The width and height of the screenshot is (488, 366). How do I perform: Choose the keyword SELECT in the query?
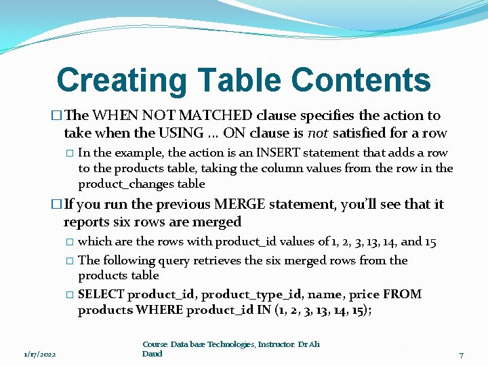101,294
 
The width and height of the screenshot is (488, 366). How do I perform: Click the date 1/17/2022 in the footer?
40,354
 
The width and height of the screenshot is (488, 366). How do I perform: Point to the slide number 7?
462,354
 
